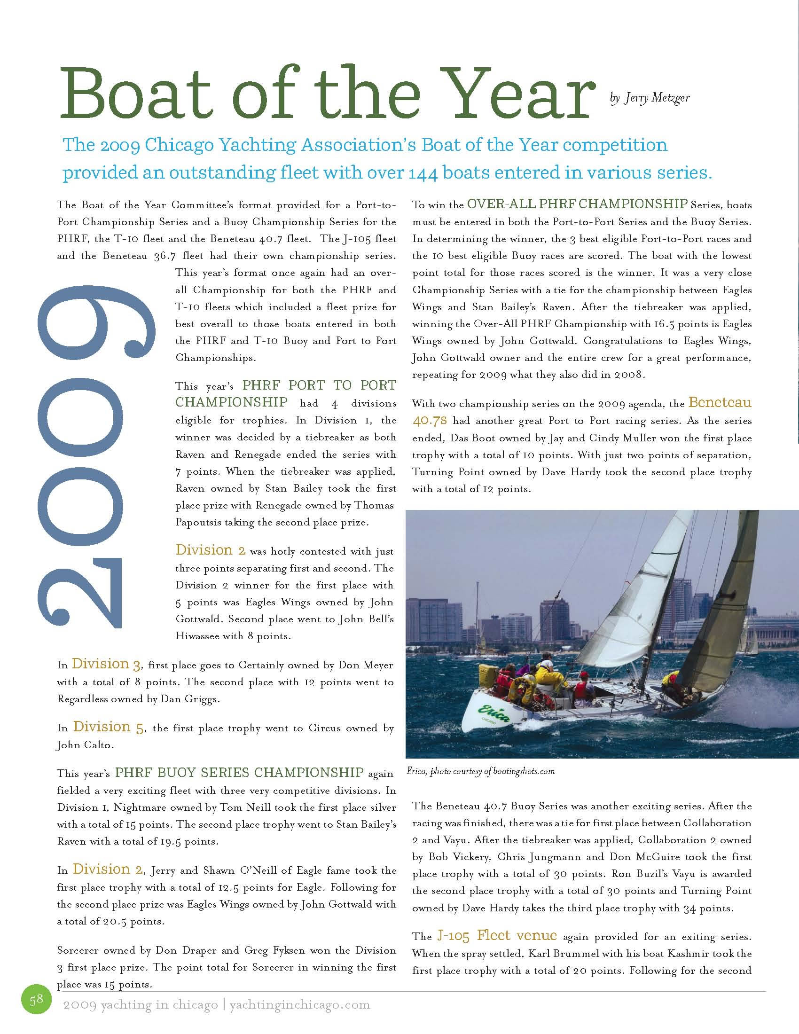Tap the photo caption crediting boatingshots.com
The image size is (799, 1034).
(x=480, y=771)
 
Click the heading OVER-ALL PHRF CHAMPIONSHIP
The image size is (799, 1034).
(x=577, y=204)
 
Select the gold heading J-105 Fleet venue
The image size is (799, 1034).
(x=496, y=935)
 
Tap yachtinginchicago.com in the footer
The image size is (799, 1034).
(x=300, y=1005)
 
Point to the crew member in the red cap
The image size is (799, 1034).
(x=584, y=676)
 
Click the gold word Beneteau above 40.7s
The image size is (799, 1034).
(x=720, y=403)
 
